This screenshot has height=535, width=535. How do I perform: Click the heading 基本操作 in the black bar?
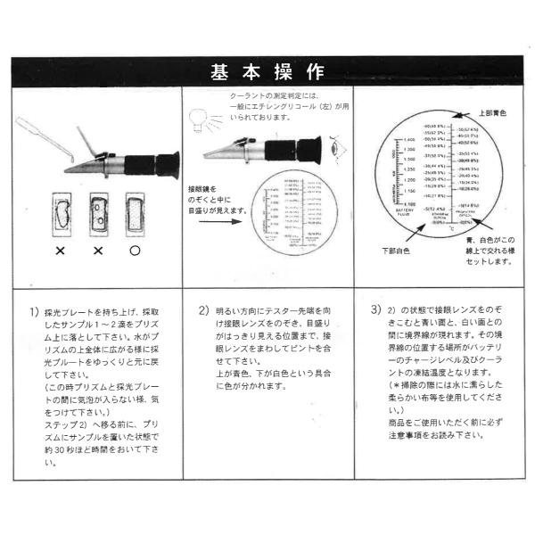[x=267, y=72]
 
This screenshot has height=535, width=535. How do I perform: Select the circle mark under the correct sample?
[x=135, y=251]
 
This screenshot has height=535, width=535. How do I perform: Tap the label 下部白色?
[x=393, y=251]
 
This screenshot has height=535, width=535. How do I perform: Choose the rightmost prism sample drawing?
[x=136, y=213]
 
